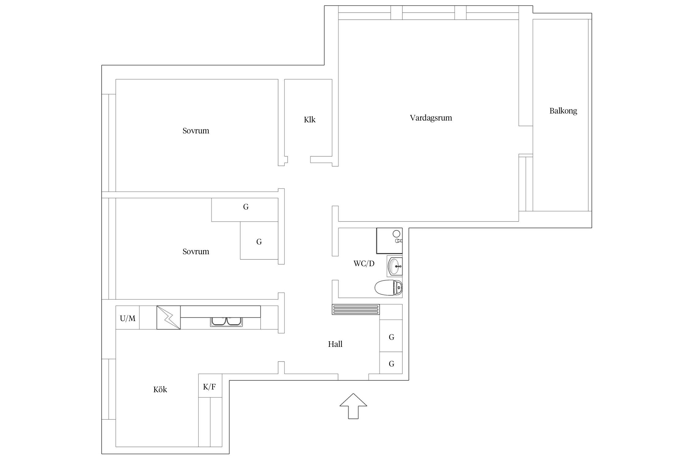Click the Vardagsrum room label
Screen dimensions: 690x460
(x=431, y=118)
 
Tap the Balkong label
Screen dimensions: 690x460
(x=563, y=111)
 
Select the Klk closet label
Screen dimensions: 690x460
(x=309, y=120)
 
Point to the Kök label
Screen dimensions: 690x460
(x=160, y=389)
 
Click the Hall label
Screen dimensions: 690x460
(x=335, y=344)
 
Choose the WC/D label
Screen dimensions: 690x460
(x=364, y=263)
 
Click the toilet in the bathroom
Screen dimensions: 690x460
(x=389, y=288)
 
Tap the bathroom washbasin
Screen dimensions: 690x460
(x=395, y=266)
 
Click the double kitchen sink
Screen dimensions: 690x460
(x=226, y=321)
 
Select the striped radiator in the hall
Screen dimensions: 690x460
(x=355, y=309)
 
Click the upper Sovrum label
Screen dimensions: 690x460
(x=196, y=131)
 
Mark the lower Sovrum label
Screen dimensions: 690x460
(x=196, y=252)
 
